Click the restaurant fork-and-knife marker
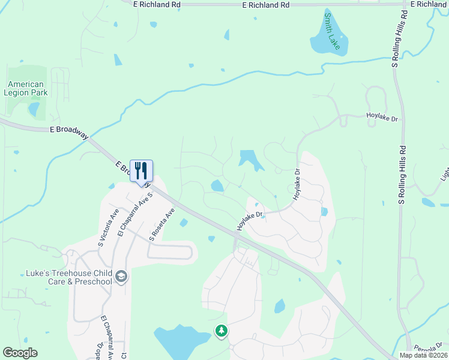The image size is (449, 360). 142,171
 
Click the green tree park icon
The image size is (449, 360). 221,331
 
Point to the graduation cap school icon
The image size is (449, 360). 121,276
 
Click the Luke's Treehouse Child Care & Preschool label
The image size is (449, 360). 68,277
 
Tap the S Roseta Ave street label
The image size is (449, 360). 161,224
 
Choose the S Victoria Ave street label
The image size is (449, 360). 111,227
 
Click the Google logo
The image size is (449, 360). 20,353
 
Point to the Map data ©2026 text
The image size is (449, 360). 423,355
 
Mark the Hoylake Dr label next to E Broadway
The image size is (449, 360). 250,221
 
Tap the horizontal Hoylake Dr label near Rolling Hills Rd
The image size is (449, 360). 382,119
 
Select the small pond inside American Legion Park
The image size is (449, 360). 34,109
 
